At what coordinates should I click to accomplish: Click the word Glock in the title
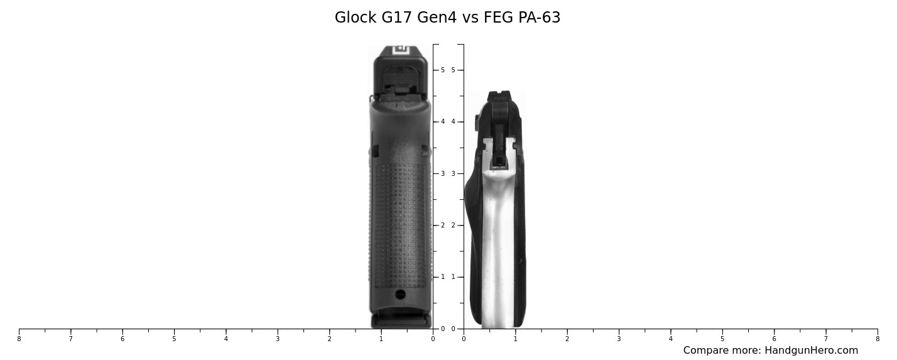tap(356, 18)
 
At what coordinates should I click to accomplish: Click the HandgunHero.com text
tap(811, 351)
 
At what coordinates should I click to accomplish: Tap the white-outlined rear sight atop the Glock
tap(400, 49)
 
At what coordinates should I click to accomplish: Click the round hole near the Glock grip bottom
tap(400, 294)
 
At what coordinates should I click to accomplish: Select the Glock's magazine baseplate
tap(401, 320)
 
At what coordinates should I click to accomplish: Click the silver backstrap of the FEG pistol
tap(497, 251)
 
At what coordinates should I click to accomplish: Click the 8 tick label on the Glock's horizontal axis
tap(19, 339)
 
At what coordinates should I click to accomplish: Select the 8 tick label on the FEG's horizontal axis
tap(878, 339)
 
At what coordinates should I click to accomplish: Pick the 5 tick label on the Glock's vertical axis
tap(443, 70)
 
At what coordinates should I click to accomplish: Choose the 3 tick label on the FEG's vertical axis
tap(453, 173)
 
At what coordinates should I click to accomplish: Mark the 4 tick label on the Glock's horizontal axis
tap(226, 339)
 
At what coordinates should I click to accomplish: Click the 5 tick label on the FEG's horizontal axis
tap(722, 339)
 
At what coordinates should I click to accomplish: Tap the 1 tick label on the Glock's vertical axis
tap(443, 277)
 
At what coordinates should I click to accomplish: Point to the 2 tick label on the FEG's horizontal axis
tap(567, 339)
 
